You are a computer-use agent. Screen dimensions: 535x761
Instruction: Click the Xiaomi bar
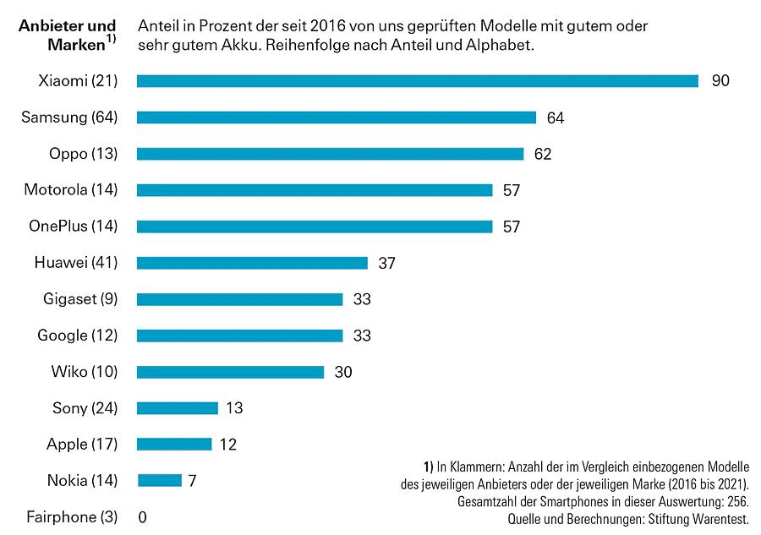[417, 81]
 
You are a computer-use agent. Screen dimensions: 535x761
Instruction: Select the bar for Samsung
[336, 117]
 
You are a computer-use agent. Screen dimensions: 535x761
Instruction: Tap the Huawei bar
[252, 263]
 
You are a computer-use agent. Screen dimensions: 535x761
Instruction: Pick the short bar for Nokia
[159, 481]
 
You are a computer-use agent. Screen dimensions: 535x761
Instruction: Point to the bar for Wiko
[230, 372]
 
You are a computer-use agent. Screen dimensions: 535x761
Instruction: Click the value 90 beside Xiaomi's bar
[720, 81]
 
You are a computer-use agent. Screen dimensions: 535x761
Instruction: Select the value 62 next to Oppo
[542, 154]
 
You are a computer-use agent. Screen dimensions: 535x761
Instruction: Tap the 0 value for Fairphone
[142, 517]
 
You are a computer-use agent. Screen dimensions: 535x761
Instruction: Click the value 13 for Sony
[234, 408]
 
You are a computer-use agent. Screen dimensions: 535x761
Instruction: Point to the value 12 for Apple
[227, 445]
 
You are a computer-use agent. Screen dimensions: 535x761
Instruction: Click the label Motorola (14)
[70, 190]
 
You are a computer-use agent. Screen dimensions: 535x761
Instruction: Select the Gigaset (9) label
[80, 299]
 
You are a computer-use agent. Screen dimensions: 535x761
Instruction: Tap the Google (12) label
[77, 336]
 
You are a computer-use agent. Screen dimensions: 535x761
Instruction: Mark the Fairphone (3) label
[72, 517]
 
